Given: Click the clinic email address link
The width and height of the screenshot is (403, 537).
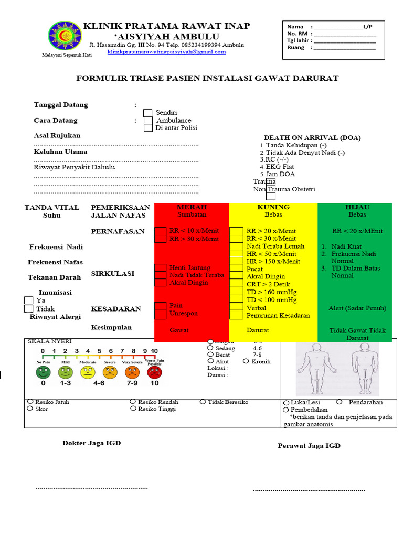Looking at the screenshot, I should coord(166,52).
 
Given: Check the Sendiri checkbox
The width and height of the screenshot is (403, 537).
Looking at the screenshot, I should coord(148,113).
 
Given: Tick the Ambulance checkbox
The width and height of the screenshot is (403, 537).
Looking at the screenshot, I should coord(148,120).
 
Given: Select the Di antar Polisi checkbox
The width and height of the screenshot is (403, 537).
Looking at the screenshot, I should coord(148,127).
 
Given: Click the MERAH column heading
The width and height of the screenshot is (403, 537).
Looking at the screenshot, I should coord(192,207).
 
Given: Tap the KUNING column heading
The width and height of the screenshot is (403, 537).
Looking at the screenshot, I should coord(273,207).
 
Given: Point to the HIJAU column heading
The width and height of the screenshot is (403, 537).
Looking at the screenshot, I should coord(357,207).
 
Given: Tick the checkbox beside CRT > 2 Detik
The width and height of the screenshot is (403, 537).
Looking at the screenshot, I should coord(237,284).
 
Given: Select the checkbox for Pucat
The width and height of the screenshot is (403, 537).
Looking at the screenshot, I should coord(237,269).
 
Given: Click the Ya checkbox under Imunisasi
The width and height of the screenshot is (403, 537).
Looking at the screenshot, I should coord(29,300).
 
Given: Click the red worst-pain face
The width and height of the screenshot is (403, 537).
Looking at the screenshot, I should coord(154,373).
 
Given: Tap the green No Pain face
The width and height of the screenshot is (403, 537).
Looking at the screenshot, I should coord(43,373).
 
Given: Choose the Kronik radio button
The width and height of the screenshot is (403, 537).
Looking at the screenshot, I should coord(246,361).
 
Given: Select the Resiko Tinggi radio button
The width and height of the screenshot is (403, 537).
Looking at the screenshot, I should coord(133,409).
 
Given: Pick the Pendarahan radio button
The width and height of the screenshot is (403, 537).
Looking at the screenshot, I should coord(339,402).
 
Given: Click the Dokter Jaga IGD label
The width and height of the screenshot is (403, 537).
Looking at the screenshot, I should coord(92,443).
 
